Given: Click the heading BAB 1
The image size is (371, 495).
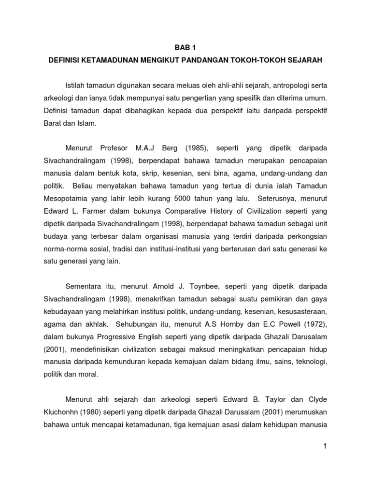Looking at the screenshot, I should pos(185,47).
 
